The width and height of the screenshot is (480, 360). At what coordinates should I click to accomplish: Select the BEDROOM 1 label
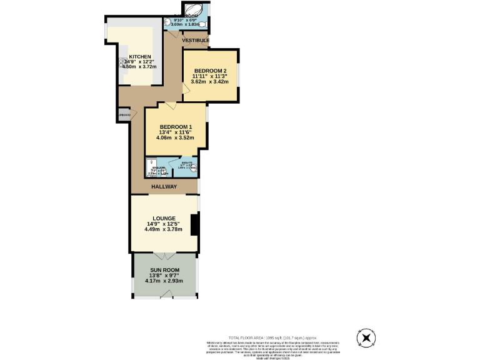pyautogui.click(x=176, y=127)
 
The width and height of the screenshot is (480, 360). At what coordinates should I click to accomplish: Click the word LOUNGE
pyautogui.click(x=162, y=218)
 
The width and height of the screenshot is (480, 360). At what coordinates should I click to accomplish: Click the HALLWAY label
pyautogui.click(x=164, y=187)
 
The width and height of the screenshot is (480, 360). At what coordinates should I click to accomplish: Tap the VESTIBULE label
pyautogui.click(x=196, y=41)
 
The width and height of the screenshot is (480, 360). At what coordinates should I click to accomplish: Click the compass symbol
pyautogui.click(x=366, y=338)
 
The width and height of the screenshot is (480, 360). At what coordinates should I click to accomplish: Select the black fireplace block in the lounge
pyautogui.click(x=195, y=225)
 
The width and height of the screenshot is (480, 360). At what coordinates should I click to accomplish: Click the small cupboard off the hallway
pyautogui.click(x=124, y=116)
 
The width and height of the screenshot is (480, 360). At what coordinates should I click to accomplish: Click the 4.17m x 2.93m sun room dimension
pyautogui.click(x=164, y=281)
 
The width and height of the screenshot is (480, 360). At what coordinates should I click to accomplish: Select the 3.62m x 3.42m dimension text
pyautogui.click(x=209, y=82)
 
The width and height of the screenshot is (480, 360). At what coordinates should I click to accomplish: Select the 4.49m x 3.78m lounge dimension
pyautogui.click(x=163, y=229)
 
